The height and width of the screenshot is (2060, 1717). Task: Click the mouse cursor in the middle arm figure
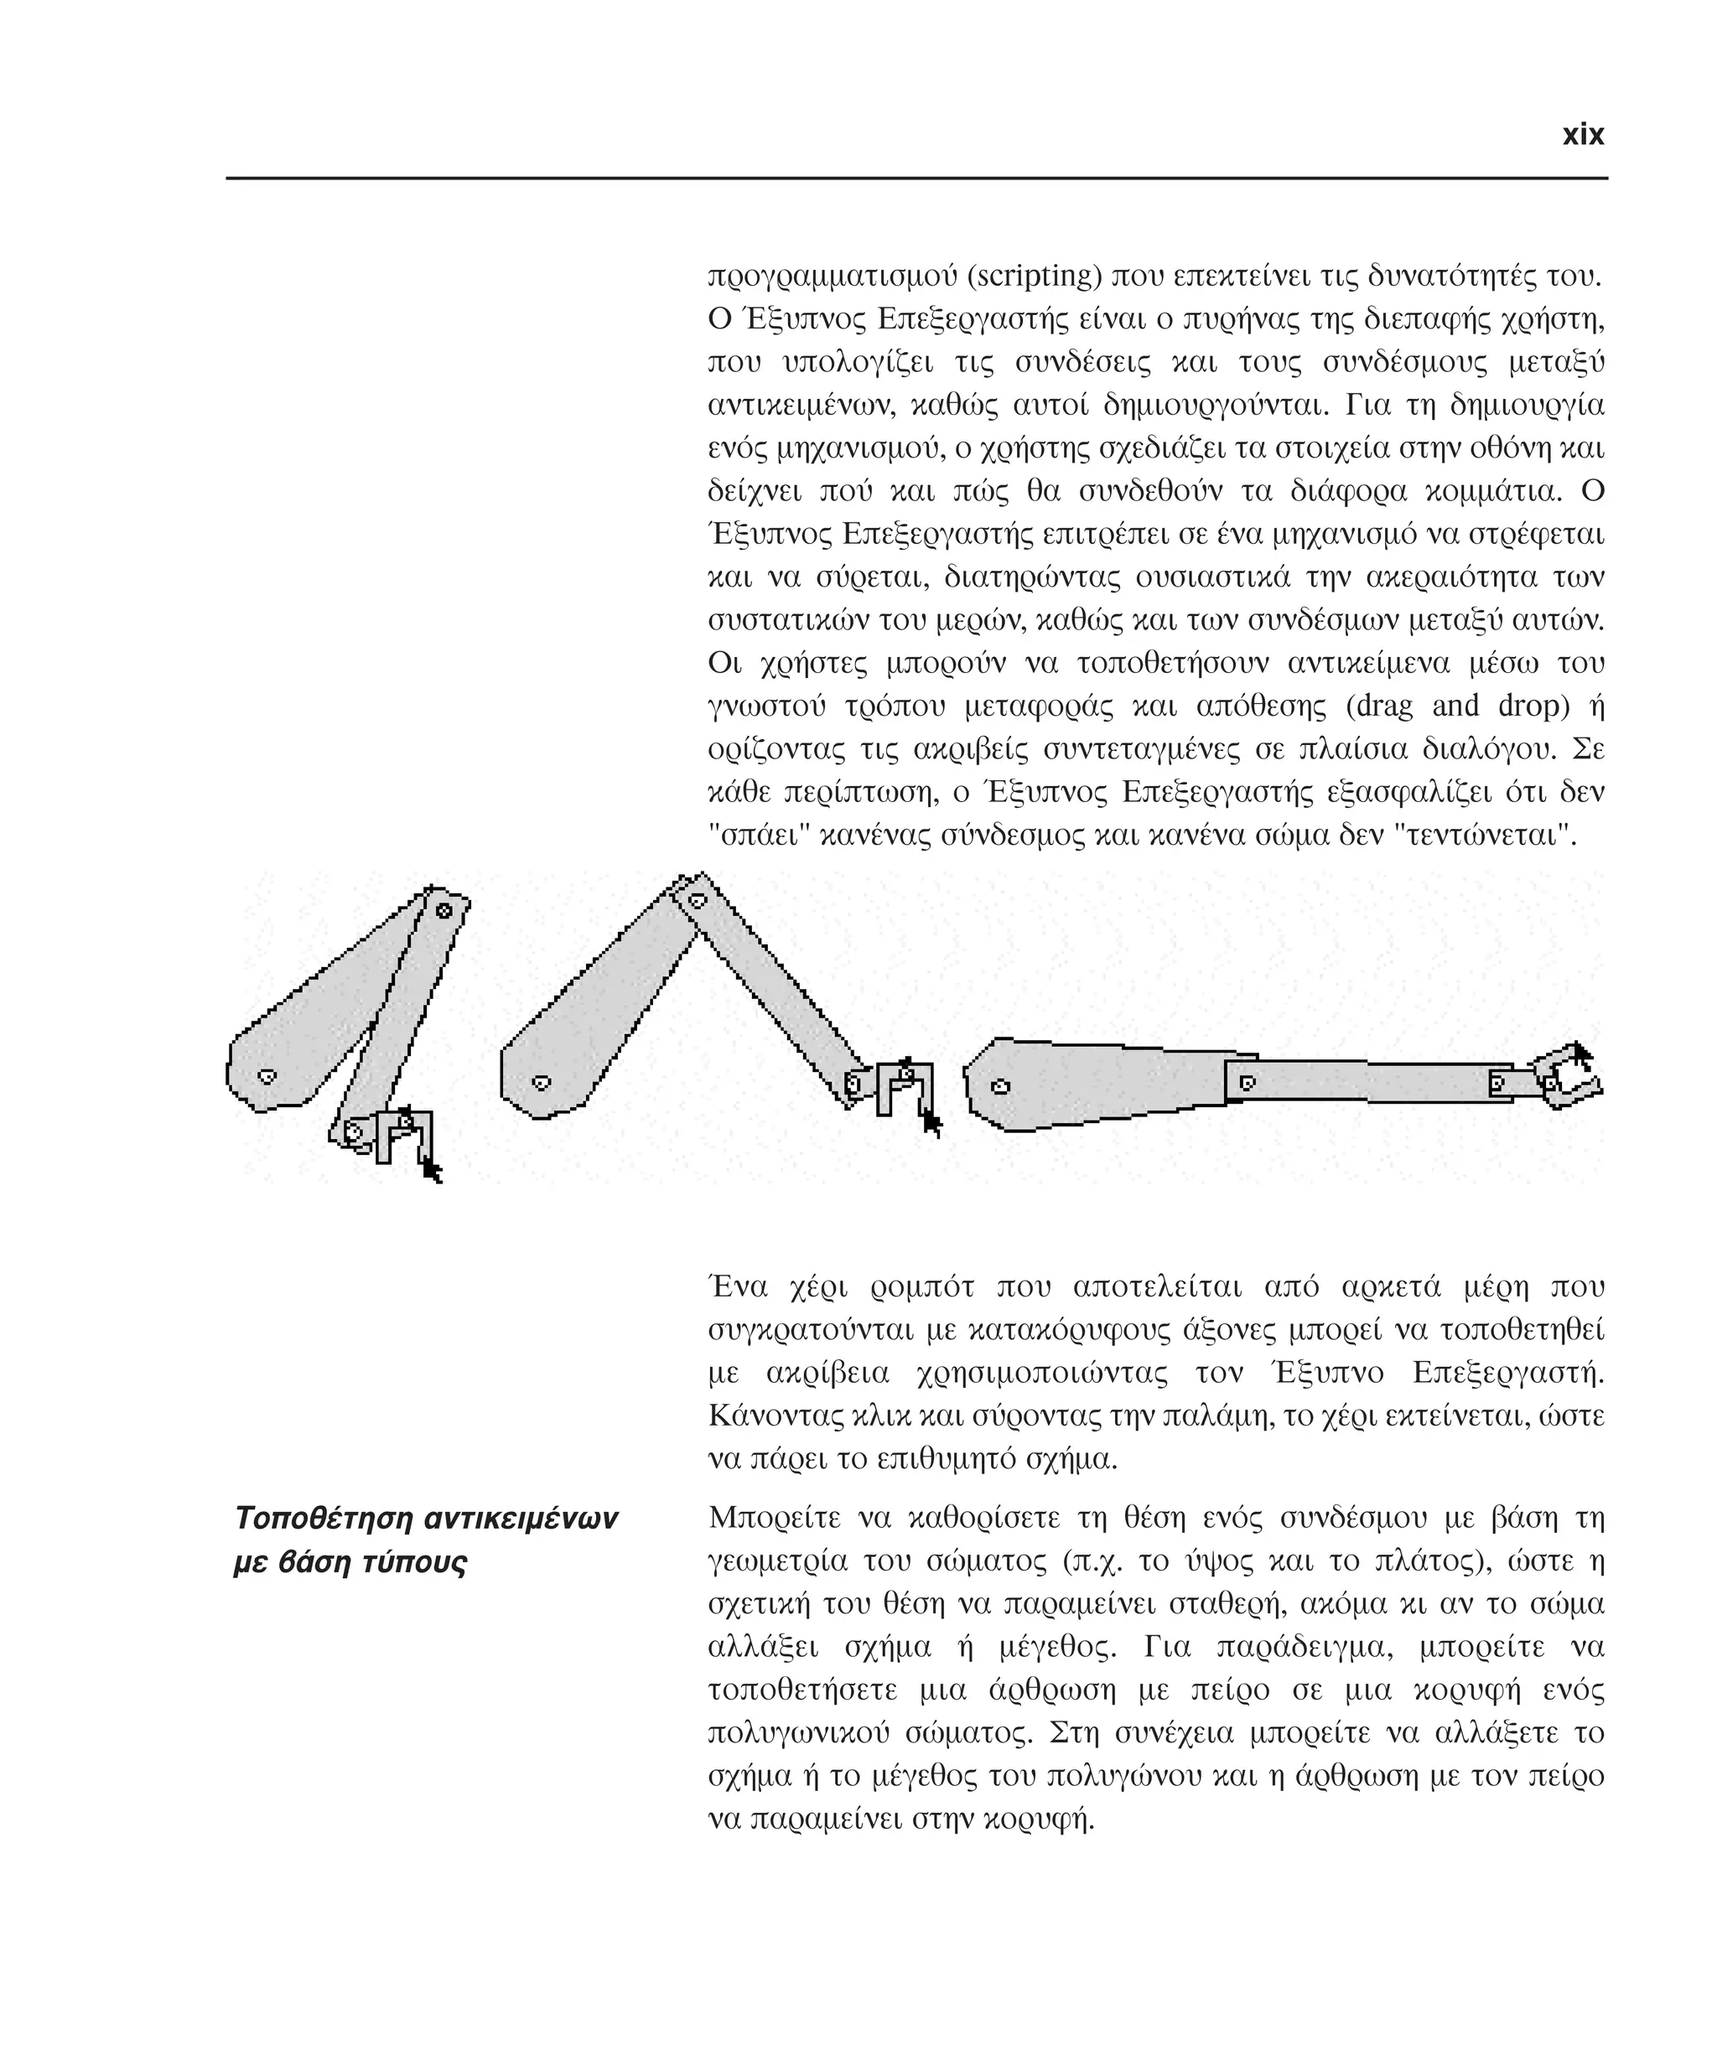931,1123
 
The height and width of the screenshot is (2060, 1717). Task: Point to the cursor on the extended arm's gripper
1580,1053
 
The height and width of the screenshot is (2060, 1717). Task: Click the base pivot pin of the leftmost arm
266,1076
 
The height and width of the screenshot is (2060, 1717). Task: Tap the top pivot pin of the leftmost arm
444,910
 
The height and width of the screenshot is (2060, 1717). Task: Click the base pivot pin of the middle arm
540,1083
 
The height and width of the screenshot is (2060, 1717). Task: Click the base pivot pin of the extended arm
1000,1086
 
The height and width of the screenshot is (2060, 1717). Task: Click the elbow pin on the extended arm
1247,1083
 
